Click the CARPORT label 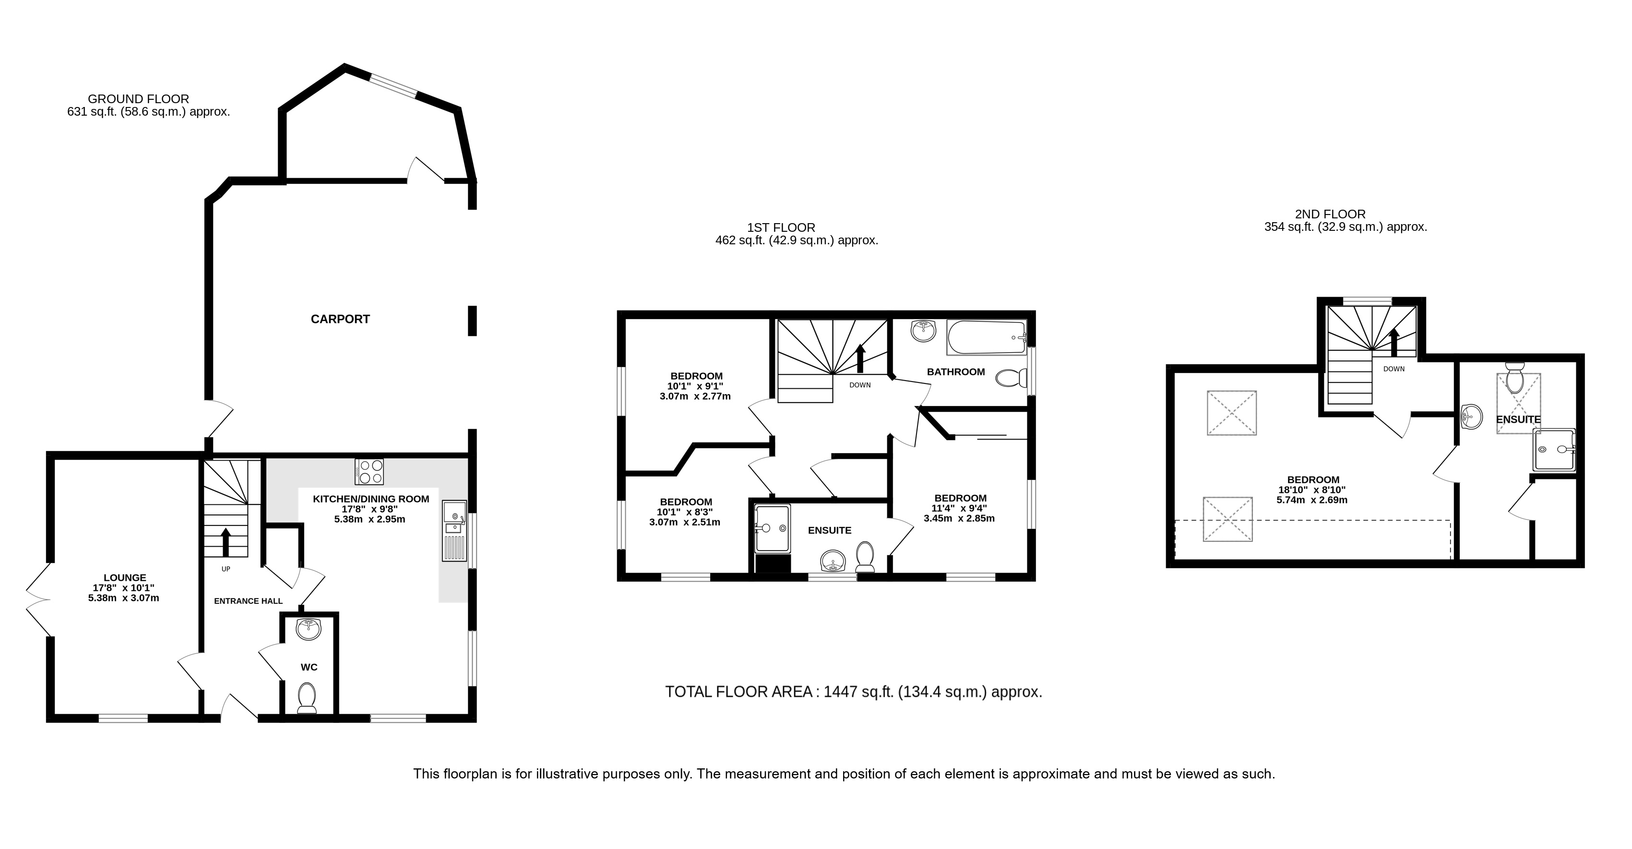point(340,319)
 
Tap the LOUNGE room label point(125,578)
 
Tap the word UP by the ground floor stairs point(226,569)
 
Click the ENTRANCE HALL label point(249,601)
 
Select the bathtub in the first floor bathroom point(987,337)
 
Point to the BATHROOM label point(956,372)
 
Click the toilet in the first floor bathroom point(1012,378)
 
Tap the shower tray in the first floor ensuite point(772,528)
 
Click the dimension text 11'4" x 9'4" point(959,508)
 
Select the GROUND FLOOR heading point(138,99)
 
